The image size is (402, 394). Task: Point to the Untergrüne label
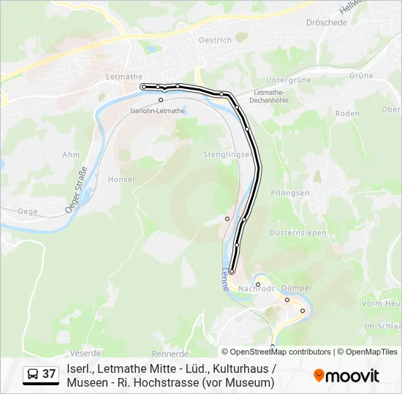point(289,80)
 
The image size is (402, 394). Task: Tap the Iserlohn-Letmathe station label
point(157,111)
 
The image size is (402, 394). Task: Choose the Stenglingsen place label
point(228,155)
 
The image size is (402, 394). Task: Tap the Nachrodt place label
point(256,289)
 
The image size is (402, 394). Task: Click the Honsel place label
point(121,179)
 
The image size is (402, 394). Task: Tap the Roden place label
point(347,113)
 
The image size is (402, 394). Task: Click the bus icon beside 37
point(33,375)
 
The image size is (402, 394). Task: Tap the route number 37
point(49,374)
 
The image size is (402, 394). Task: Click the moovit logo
point(346,376)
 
